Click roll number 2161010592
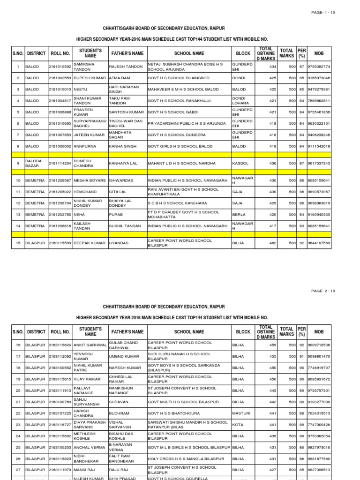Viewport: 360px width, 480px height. [x=60, y=67]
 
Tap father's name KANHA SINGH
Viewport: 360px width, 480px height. [x=122, y=146]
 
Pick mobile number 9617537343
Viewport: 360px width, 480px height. [x=319, y=163]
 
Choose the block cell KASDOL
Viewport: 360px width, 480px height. [x=240, y=163]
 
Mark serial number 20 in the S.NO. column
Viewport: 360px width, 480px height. [x=18, y=390]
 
